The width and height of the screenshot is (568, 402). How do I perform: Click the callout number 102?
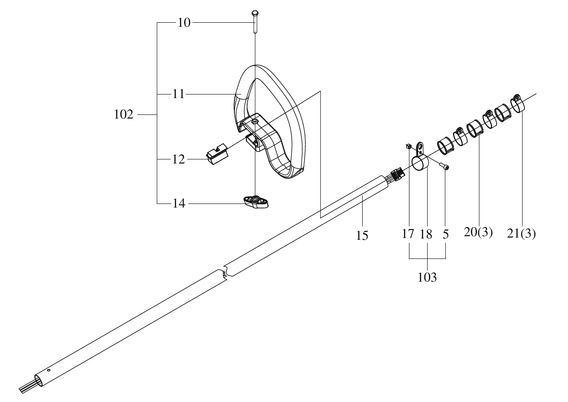click(x=124, y=114)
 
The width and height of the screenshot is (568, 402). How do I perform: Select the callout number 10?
click(x=184, y=23)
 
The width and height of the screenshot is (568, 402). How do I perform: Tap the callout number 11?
click(x=179, y=94)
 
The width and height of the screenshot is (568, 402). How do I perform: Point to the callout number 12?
click(x=179, y=159)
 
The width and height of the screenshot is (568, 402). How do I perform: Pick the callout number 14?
click(x=179, y=203)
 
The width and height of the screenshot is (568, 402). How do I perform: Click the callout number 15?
click(x=362, y=235)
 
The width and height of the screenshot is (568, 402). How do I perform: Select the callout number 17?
click(x=408, y=233)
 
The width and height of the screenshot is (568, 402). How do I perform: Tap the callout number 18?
click(x=426, y=234)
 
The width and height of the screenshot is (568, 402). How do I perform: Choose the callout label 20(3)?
click(x=478, y=232)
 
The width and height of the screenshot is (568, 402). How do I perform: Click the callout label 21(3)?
click(x=521, y=233)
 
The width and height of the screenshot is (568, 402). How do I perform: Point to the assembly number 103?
click(x=427, y=277)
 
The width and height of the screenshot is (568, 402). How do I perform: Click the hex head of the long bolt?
click(x=255, y=13)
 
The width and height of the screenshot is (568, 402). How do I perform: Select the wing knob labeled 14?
click(x=256, y=202)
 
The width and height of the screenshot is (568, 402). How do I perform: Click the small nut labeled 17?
click(x=408, y=146)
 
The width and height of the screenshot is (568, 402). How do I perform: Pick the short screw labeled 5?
click(x=444, y=167)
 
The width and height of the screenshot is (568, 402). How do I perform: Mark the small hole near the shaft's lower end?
click(x=49, y=370)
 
